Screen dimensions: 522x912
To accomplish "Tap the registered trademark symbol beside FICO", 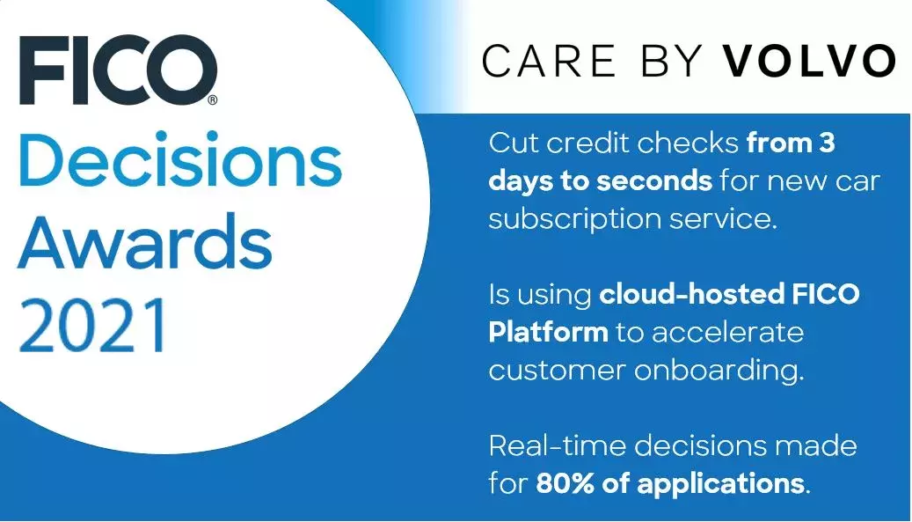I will (212, 100).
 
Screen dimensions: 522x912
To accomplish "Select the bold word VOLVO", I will (808, 61).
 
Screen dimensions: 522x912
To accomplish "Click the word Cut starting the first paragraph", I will (513, 143).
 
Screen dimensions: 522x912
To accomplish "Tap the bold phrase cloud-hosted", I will (685, 295).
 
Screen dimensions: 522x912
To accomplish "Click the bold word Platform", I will (547, 333).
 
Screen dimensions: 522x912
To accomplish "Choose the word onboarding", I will (718, 371).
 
